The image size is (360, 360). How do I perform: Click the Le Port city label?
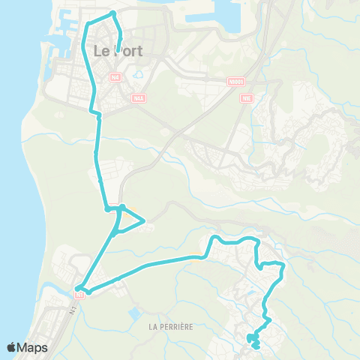point(118,51)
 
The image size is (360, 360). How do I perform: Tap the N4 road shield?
point(114,77)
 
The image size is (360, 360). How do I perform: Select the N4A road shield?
point(138,97)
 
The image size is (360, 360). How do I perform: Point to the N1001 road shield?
point(236,80)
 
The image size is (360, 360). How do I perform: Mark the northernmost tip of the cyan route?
point(112,13)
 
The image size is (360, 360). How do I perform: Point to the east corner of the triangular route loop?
point(143,221)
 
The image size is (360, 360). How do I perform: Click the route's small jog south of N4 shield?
point(95,112)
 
